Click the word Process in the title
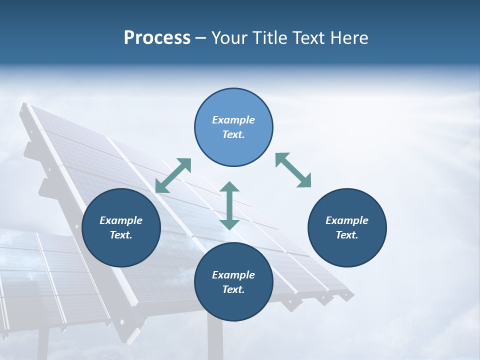(157, 38)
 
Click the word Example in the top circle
(233, 120)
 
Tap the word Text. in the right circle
(347, 235)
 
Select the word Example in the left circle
(121, 220)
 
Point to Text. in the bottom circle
(233, 289)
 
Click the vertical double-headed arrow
(229, 205)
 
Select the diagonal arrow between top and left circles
(173, 175)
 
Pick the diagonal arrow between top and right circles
(293, 170)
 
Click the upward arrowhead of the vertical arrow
(229, 187)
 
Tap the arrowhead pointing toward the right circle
(304, 181)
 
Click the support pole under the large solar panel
(215, 340)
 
